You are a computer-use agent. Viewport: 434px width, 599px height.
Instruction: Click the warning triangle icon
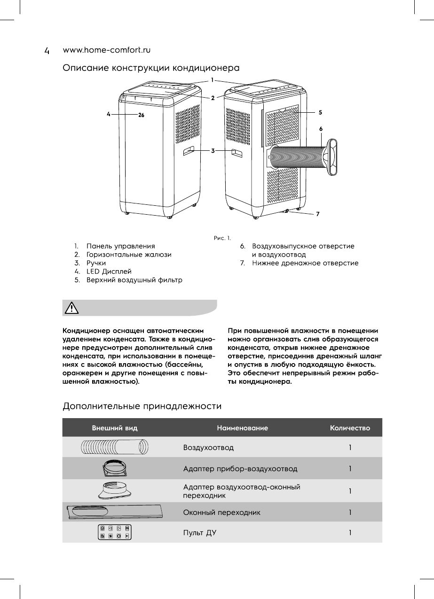71,308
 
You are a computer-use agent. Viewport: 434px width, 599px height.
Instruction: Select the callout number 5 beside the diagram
320,113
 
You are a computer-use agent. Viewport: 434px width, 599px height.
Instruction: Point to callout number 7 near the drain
318,214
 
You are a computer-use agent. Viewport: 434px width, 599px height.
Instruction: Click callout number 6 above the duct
321,128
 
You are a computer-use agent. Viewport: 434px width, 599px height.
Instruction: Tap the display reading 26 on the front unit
141,114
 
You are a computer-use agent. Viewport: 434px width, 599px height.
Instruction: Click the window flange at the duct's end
333,157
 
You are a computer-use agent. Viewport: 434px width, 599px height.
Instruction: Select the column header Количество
350,428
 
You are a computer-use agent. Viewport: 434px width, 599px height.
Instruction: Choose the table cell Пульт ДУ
199,533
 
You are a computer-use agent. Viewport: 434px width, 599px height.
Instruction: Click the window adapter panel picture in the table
115,512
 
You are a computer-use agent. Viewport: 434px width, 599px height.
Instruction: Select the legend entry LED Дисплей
108,272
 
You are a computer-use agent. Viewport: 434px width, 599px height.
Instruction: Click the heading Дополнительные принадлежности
142,405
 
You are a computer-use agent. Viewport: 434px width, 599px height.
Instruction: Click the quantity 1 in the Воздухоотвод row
350,448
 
